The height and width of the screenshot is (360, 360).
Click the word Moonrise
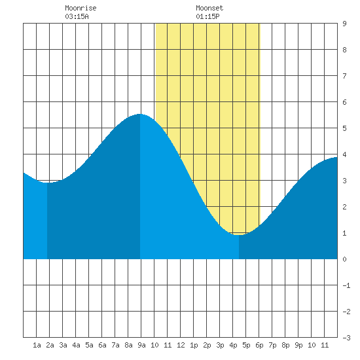81,8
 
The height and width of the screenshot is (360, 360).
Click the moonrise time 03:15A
77,16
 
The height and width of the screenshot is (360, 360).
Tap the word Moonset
209,8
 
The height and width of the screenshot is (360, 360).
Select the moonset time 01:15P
207,16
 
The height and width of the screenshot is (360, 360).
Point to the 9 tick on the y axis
344,24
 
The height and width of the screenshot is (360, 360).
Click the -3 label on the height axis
346,338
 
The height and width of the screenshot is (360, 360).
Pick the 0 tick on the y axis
344,259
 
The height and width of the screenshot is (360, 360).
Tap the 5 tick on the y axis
344,128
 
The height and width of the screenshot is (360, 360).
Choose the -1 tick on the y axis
346,285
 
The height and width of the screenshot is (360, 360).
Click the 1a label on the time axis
37,345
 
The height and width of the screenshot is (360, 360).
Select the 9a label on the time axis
141,345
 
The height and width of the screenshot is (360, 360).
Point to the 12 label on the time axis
181,345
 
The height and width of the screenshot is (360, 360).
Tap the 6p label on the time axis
259,345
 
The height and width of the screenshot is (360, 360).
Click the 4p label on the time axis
233,345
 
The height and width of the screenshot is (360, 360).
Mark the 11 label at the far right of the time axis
325,345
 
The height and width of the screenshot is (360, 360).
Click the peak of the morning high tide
140,114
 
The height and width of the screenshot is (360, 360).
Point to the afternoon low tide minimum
239,235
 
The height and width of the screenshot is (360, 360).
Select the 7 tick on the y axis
344,76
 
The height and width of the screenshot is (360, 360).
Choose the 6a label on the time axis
102,345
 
